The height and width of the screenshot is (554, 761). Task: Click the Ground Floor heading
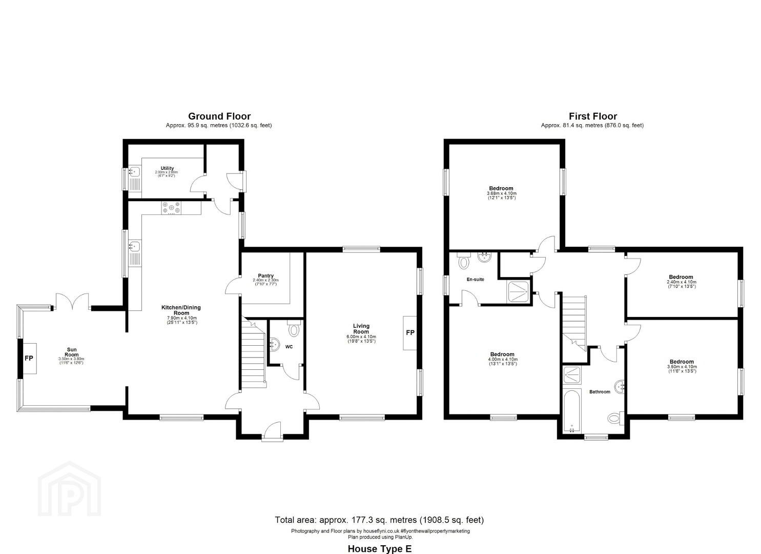pos(219,116)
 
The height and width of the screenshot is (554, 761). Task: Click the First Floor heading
pos(592,116)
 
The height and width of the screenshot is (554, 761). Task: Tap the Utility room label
pos(167,168)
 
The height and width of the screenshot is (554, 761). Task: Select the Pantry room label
pos(265,276)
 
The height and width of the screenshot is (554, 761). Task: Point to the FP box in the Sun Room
pos(29,358)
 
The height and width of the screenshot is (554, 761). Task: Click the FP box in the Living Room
pos(410,333)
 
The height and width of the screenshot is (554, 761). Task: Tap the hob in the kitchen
pos(171,207)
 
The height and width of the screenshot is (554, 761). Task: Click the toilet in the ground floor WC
pos(294,329)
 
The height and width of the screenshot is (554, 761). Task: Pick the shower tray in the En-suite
pos(519,292)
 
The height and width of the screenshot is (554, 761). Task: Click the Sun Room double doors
pos(72,302)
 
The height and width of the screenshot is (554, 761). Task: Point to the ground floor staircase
pos(253,354)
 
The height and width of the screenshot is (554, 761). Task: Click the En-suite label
pos(475,280)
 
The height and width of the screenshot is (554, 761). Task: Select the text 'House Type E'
pos(379,549)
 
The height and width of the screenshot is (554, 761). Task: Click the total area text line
pos(379,520)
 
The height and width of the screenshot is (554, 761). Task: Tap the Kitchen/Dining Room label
pos(181,310)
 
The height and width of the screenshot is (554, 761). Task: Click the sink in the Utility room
pos(135,172)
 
